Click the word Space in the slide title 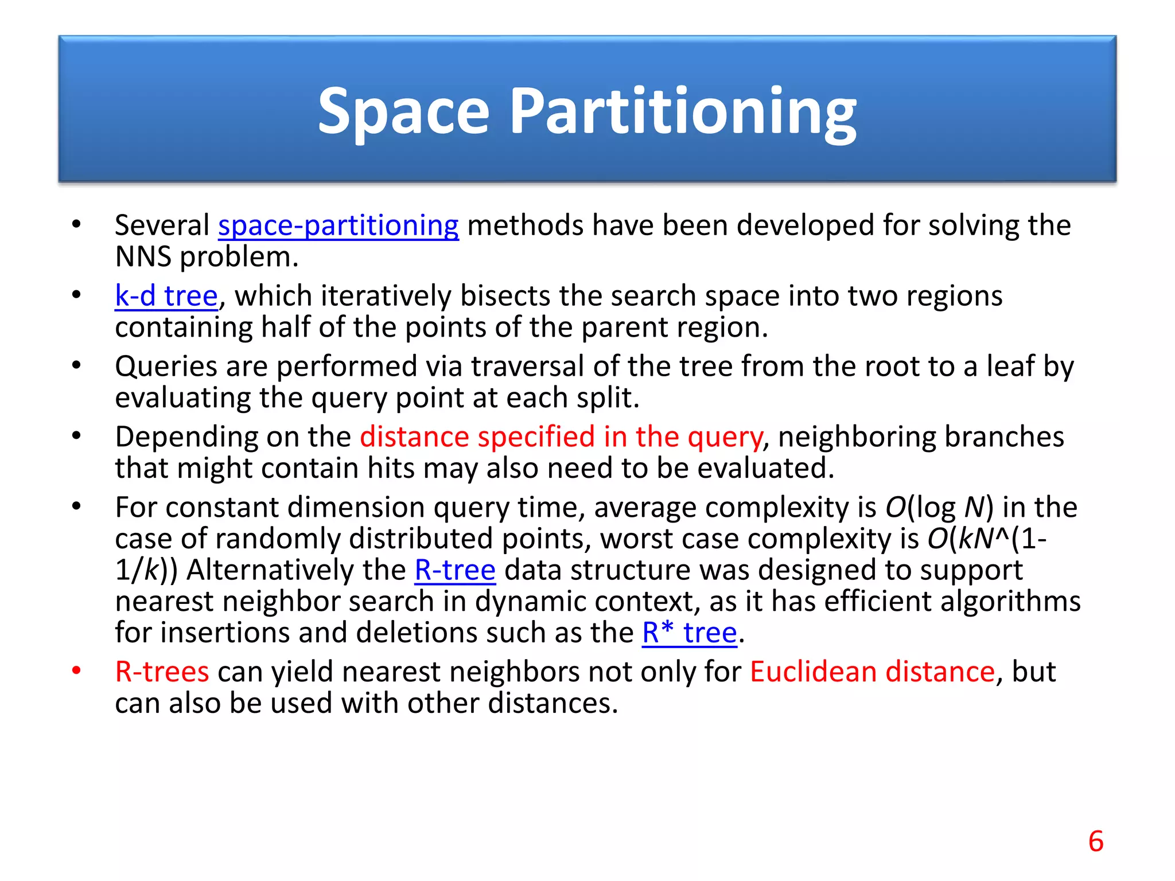[x=403, y=112]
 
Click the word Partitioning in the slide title [x=683, y=112]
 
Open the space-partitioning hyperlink [x=339, y=225]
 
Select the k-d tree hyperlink [x=166, y=296]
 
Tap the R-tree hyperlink [x=455, y=570]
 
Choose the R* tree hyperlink [x=689, y=633]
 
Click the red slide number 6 [x=1096, y=841]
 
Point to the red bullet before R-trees [x=76, y=671]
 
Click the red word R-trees [x=162, y=672]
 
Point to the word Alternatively [x=296, y=570]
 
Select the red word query [x=725, y=438]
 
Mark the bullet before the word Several [x=76, y=224]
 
